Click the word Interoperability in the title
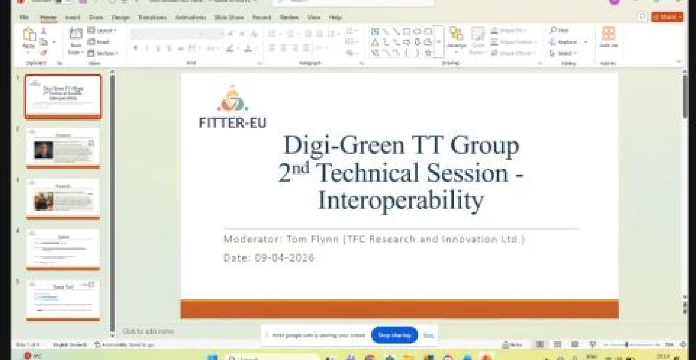click(x=400, y=200)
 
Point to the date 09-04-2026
click(x=284, y=258)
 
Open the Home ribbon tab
click(x=48, y=18)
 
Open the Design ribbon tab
click(x=120, y=18)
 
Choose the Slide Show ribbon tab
click(x=229, y=18)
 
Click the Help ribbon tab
click(x=335, y=18)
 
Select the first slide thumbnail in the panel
click(x=63, y=96)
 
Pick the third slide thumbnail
click(x=63, y=198)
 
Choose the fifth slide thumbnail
click(x=63, y=299)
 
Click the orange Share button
click(x=667, y=17)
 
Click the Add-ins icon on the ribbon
click(x=608, y=37)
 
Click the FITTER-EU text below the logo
click(x=232, y=122)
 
